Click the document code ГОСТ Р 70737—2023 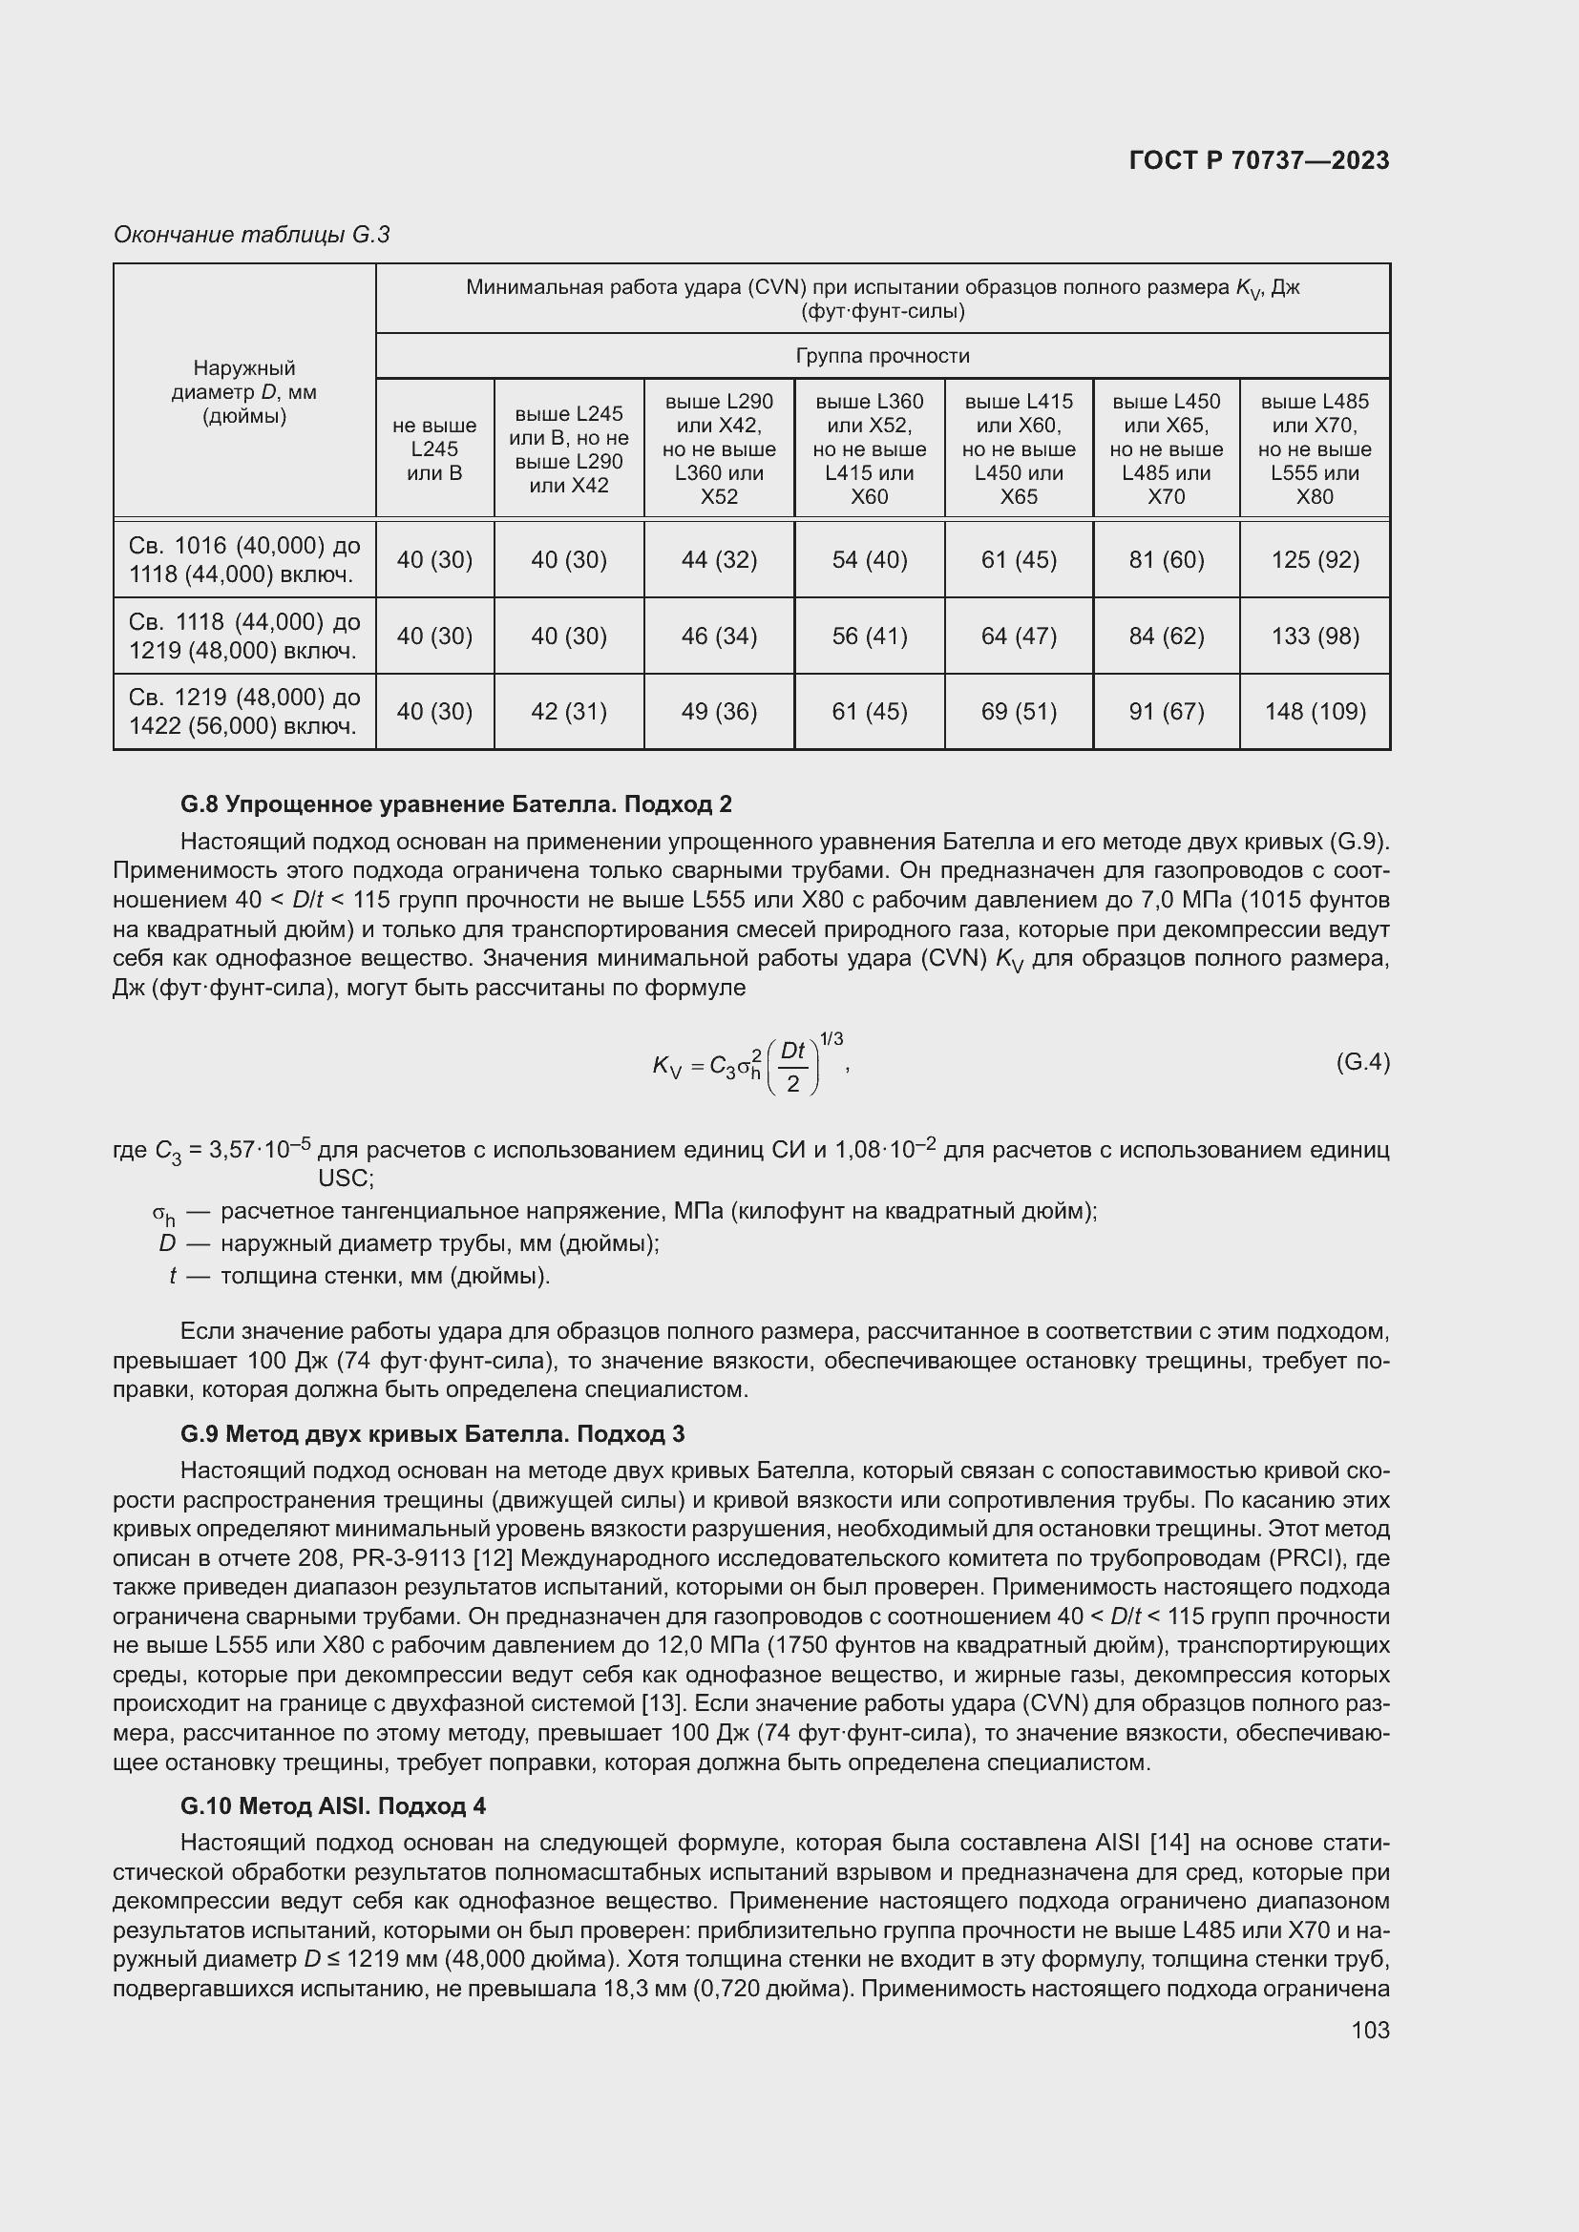pos(1258,160)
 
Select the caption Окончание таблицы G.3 pos(251,235)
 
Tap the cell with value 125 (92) pos(1314,560)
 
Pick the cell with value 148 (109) pos(1314,712)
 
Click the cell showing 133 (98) pos(1314,636)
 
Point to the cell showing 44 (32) pos(719,560)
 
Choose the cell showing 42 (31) pos(569,712)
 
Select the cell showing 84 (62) pos(1166,636)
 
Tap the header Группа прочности pos(882,356)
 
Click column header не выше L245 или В pos(433,449)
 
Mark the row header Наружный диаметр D pos(244,392)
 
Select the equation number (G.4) pos(1362,1061)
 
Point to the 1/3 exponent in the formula pos(832,1039)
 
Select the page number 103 pos(1369,2030)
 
